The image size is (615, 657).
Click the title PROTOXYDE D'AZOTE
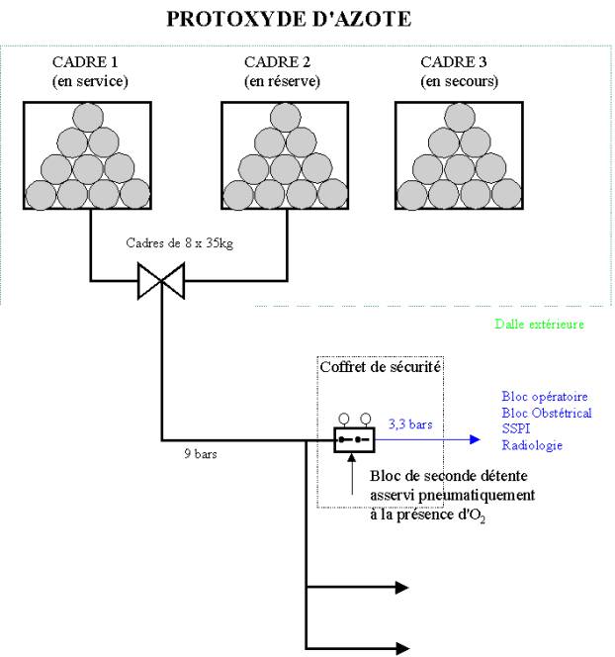coord(289,19)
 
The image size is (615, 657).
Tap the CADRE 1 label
coord(85,62)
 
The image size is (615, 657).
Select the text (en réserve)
coord(282,81)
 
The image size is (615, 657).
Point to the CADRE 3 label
coord(454,62)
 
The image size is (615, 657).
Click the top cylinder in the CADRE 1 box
coord(88,118)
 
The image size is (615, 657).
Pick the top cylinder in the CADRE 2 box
coord(286,118)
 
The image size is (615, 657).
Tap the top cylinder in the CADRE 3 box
coord(460,118)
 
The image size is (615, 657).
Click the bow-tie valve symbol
coord(161,281)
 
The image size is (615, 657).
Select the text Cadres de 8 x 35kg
coord(180,243)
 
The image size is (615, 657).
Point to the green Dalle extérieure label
coord(539,324)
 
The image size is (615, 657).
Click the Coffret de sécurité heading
coord(380,367)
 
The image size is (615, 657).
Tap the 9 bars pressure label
coord(201,454)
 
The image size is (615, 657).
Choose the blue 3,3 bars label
coord(410,424)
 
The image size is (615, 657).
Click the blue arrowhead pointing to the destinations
coord(475,439)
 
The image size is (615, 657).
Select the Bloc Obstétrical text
coord(547,414)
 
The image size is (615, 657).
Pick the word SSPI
coord(516,428)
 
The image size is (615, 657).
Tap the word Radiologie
coord(532,445)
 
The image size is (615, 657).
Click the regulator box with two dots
coord(354,440)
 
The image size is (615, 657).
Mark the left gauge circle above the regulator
coord(344,419)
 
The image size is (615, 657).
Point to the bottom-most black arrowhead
coord(402,649)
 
